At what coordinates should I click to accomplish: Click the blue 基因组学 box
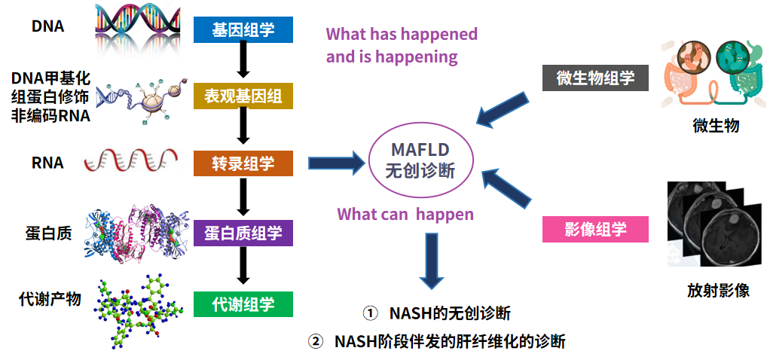pyautogui.click(x=243, y=29)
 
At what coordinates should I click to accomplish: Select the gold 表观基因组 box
pyautogui.click(x=243, y=96)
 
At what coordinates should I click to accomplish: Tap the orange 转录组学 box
pyautogui.click(x=243, y=163)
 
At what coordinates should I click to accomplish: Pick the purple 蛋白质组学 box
pyautogui.click(x=243, y=233)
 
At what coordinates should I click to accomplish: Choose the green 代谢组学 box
pyautogui.click(x=243, y=304)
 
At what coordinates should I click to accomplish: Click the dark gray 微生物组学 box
pyautogui.click(x=595, y=78)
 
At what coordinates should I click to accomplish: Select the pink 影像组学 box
pyautogui.click(x=595, y=229)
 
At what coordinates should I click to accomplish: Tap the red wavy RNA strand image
pyautogui.click(x=132, y=160)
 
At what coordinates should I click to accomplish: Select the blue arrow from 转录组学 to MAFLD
pyautogui.click(x=335, y=163)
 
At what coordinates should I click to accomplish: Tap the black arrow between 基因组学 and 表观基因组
pyautogui.click(x=243, y=60)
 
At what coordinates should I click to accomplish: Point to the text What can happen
pyautogui.click(x=405, y=214)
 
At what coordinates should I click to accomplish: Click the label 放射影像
pyautogui.click(x=718, y=290)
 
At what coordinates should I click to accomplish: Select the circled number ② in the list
pyautogui.click(x=315, y=341)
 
